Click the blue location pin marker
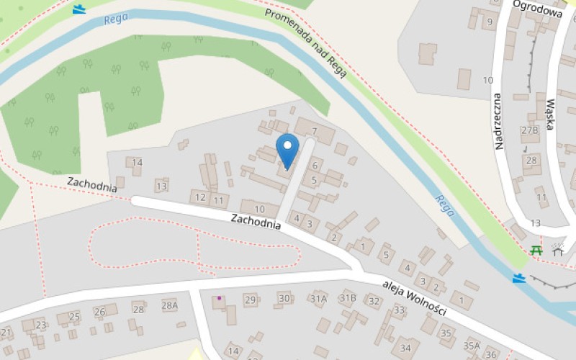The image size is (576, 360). [x=287, y=149]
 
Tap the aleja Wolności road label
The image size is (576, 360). [x=415, y=297]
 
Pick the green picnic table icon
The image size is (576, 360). [x=536, y=251]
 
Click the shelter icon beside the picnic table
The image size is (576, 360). [x=557, y=250]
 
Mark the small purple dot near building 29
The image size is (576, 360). [x=219, y=297]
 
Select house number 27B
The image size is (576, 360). [x=530, y=130]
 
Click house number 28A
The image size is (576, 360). [x=169, y=305]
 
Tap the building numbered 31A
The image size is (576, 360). [x=318, y=298]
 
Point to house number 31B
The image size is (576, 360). [x=348, y=297]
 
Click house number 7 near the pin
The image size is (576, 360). [x=315, y=130]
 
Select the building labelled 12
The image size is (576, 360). [x=200, y=197]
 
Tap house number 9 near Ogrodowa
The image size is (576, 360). [x=490, y=21]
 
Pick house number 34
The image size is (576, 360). [x=405, y=348]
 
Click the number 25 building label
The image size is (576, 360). [x=74, y=316]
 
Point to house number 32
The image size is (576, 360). [x=373, y=301]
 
